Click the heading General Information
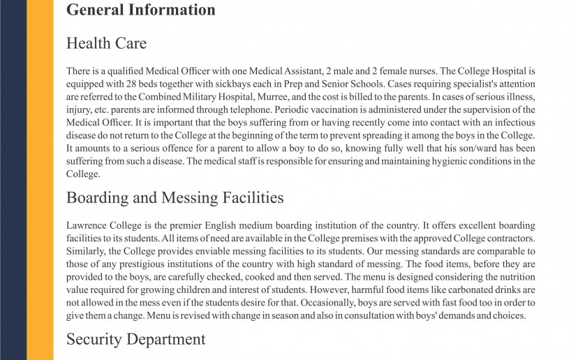click(140, 10)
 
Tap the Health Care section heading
click(106, 43)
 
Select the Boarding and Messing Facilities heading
click(175, 197)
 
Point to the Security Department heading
click(135, 339)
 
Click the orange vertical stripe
click(40, 180)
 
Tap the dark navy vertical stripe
click(13, 180)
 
